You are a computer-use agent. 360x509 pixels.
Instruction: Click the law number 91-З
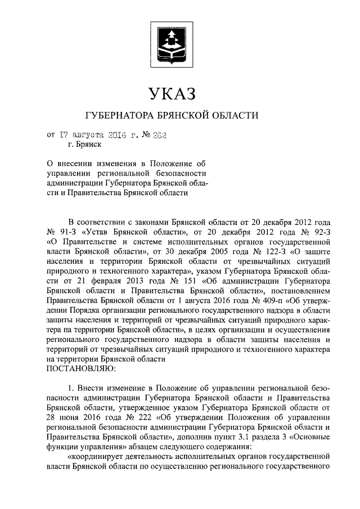point(64,232)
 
